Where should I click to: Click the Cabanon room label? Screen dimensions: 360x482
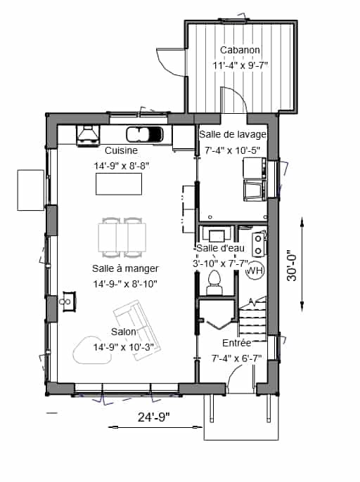tap(240, 50)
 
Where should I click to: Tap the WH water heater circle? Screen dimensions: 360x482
tap(255, 271)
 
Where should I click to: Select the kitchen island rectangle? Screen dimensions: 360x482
tap(119, 184)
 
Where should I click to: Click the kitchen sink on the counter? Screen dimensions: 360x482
tap(144, 134)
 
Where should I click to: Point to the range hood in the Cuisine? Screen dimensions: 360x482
tap(88, 135)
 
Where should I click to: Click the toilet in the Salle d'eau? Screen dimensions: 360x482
tap(214, 282)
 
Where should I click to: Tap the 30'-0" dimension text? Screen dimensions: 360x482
tap(292, 267)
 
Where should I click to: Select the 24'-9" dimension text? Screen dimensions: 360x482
tap(153, 417)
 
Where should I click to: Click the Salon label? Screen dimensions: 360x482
tap(123, 332)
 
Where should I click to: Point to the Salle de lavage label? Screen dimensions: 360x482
tap(233, 134)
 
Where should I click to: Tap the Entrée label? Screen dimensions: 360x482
tap(237, 343)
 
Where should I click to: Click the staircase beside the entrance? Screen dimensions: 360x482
tap(252, 319)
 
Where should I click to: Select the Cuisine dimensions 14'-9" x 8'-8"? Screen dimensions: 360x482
tap(122, 166)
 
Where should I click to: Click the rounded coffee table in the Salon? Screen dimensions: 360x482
tap(91, 350)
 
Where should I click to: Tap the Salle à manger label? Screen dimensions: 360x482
tap(125, 268)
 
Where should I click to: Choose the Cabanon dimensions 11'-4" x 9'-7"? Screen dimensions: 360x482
tap(240, 65)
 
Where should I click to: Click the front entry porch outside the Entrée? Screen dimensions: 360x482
tap(241, 417)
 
